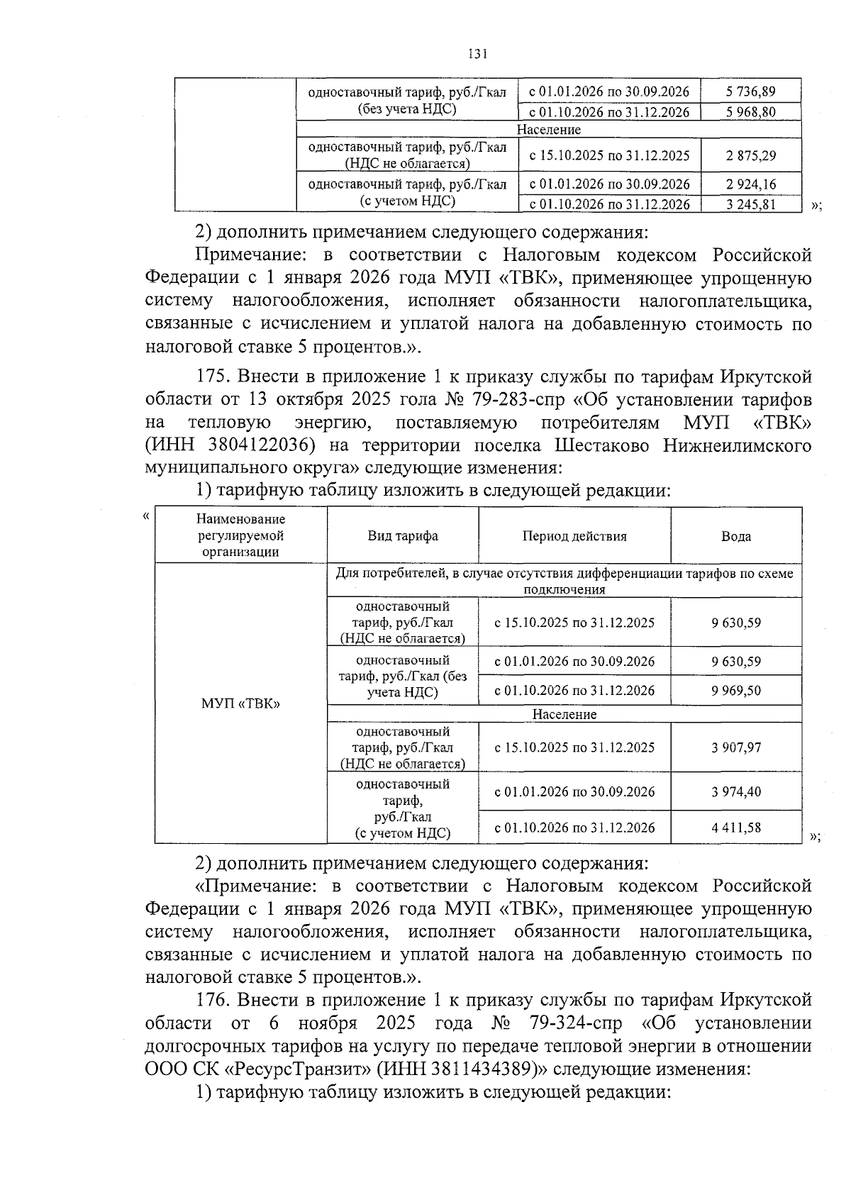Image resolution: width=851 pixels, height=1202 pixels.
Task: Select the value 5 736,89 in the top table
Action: [x=751, y=91]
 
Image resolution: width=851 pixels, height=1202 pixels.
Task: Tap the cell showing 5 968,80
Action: [x=751, y=112]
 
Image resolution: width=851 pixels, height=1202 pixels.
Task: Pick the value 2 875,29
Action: [x=751, y=155]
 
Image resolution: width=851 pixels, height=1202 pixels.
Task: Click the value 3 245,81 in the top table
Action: [x=751, y=205]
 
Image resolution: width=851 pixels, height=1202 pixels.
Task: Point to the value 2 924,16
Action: [x=751, y=184]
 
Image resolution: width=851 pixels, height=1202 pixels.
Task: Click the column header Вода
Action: [x=736, y=536]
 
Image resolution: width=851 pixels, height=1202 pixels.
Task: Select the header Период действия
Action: [x=574, y=536]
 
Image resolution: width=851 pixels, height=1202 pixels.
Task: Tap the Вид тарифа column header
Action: [x=402, y=536]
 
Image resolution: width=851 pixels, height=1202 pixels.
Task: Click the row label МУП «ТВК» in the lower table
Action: [x=240, y=704]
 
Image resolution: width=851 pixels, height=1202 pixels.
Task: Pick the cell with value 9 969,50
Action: [x=736, y=691]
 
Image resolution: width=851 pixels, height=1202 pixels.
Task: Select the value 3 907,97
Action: [x=736, y=747]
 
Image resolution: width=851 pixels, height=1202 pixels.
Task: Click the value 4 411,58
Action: [x=736, y=828]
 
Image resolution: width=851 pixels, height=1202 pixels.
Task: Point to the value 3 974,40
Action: [x=736, y=791]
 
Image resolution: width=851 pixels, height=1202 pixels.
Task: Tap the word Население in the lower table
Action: [x=564, y=714]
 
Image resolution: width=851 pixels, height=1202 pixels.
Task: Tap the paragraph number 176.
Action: [x=214, y=1001]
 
